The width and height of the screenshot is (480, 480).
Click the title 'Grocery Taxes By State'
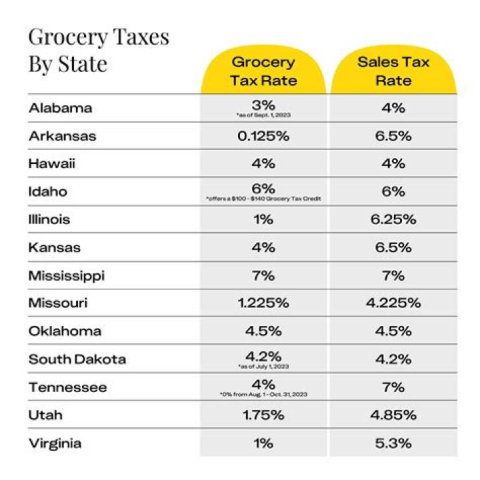[99, 50]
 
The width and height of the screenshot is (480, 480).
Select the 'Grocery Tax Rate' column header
[263, 71]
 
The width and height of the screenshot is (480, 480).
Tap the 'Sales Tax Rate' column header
[393, 71]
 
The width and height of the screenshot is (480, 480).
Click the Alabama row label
[60, 108]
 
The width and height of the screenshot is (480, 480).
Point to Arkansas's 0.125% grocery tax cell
[263, 136]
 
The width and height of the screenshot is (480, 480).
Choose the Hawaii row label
[51, 164]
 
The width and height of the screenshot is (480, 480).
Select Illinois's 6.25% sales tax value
[393, 219]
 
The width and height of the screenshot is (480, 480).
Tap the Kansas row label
[54, 247]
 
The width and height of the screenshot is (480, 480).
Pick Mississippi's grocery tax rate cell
[263, 275]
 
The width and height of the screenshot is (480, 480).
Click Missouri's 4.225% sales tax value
[393, 303]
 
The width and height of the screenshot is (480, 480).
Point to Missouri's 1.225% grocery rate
[263, 303]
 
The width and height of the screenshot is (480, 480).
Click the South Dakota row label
[77, 359]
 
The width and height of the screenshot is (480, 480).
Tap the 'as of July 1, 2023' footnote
[263, 367]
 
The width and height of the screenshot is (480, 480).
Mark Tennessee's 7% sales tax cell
[393, 387]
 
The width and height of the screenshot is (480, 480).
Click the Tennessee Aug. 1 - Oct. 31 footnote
[263, 395]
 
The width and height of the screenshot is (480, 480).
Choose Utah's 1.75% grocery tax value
[263, 415]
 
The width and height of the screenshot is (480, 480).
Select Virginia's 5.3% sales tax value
[393, 443]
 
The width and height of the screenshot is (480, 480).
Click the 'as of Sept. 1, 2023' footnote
[263, 115]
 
